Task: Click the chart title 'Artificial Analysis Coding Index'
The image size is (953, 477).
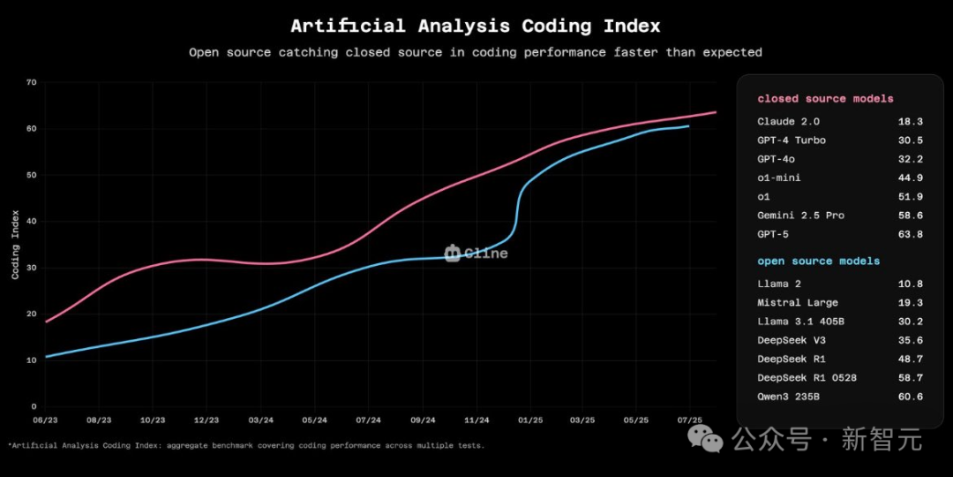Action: [x=475, y=26]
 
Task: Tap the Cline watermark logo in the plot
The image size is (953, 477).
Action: [x=476, y=254]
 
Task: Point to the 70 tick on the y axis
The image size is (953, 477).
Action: [x=32, y=82]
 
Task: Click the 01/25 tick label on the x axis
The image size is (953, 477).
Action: [x=530, y=420]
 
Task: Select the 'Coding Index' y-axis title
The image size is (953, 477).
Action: [x=16, y=244]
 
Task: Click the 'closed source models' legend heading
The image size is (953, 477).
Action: [x=825, y=99]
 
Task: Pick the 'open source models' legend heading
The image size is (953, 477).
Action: [x=818, y=261]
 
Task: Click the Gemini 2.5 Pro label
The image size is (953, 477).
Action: [x=800, y=216]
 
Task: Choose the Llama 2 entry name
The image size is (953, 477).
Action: [x=778, y=284]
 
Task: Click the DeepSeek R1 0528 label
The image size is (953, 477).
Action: [x=807, y=378]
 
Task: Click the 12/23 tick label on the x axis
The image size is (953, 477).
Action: [x=206, y=420]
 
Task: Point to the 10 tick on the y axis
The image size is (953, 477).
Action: [x=32, y=360]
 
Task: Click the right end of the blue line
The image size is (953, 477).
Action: [x=688, y=126]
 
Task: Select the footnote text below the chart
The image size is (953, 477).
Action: [x=246, y=445]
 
